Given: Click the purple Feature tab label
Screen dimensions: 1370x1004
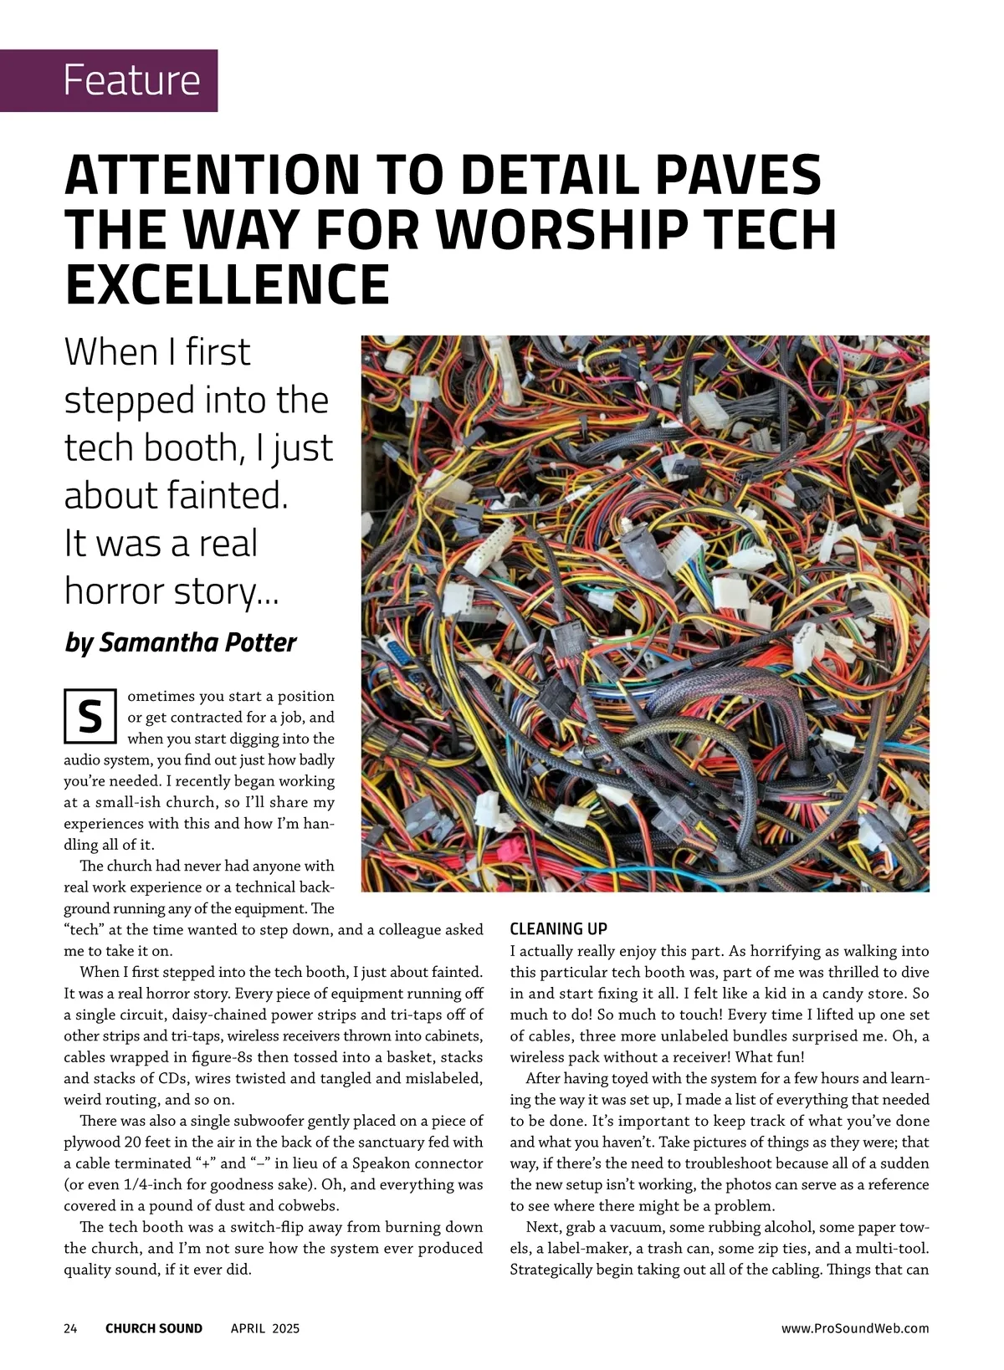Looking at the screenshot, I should (131, 80).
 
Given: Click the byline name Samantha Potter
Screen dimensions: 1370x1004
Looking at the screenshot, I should (197, 642).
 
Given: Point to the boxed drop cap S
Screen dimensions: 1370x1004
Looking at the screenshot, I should (90, 717).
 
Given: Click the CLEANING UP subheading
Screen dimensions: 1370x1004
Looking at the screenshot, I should (558, 928).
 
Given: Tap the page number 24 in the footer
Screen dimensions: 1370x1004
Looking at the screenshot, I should (70, 1328).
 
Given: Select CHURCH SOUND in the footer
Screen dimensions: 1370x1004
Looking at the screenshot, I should (154, 1328).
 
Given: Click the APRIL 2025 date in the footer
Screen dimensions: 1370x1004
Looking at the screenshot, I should (265, 1328).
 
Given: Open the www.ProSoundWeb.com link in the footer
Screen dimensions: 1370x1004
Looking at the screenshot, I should (855, 1328).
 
